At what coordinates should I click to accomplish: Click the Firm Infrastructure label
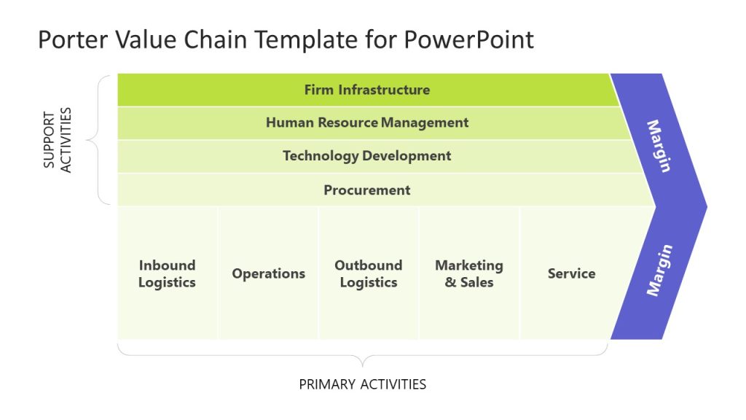point(366,90)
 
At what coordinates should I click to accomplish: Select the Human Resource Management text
point(366,122)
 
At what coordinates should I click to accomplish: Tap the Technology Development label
point(366,155)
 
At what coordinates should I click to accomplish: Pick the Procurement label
point(366,190)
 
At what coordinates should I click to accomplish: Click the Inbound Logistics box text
point(167,273)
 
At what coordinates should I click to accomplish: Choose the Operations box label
point(268,273)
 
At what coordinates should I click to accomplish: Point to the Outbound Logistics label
point(368,273)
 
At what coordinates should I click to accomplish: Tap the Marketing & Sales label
point(468,273)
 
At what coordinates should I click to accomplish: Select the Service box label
point(571,273)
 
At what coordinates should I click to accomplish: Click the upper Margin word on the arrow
point(658,146)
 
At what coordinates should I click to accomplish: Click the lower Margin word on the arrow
point(659,271)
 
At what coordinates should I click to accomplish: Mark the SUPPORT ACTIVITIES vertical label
point(57,139)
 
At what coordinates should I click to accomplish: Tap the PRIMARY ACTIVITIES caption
point(362,384)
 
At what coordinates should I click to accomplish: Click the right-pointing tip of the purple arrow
point(704,205)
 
